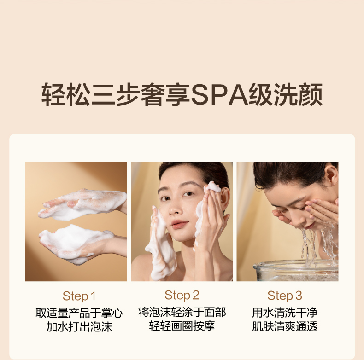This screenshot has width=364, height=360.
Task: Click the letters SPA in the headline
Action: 219,95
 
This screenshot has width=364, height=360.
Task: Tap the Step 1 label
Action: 79,296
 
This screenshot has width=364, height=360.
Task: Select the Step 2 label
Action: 182,295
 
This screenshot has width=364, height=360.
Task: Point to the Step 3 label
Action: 285,296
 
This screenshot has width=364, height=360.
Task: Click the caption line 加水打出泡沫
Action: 79,326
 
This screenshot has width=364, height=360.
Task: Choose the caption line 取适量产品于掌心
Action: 79,313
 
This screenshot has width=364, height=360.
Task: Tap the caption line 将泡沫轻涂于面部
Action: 182,312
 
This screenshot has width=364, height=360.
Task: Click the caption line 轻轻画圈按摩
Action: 182,326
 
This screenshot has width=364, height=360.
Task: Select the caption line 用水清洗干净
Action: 285,313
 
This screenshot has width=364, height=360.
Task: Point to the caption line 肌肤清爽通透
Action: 285,326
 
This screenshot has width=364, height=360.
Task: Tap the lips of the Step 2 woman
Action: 179,224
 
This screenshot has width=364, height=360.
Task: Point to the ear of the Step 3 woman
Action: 331,175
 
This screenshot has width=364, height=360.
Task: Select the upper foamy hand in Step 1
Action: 82,204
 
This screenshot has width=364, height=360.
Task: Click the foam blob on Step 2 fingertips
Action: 213,187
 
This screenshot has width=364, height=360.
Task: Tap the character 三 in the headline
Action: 103,95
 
